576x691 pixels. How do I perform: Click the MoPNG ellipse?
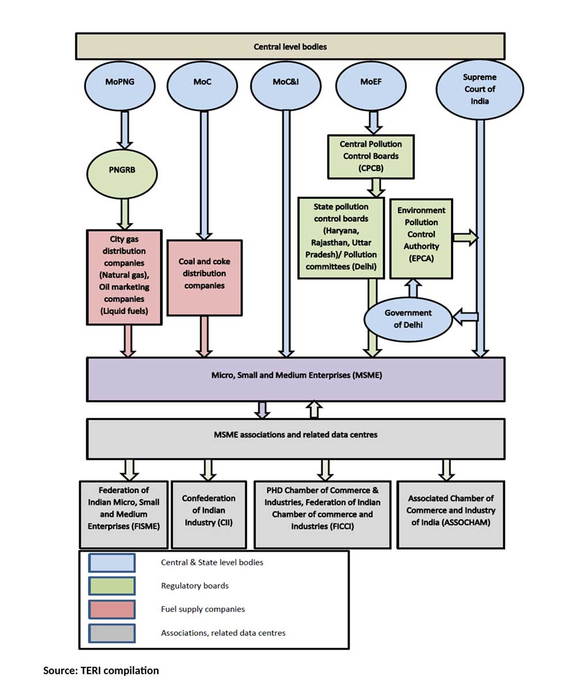(x=121, y=82)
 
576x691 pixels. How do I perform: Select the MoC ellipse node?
(x=203, y=82)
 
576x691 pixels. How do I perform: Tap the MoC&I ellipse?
(x=285, y=82)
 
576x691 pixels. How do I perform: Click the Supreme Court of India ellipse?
(x=480, y=89)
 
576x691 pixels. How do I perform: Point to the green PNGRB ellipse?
(x=123, y=170)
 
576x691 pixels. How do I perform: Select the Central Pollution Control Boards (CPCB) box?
(x=370, y=156)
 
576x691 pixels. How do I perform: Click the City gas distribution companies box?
(x=124, y=276)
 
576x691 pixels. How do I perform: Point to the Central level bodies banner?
(x=290, y=46)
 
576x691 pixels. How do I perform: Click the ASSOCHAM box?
(x=450, y=515)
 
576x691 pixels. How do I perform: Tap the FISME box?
(x=124, y=515)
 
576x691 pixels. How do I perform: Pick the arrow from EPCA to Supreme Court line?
(x=465, y=237)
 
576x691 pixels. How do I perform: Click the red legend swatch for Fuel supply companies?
(x=112, y=609)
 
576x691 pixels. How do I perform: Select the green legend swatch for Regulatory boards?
(x=112, y=586)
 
